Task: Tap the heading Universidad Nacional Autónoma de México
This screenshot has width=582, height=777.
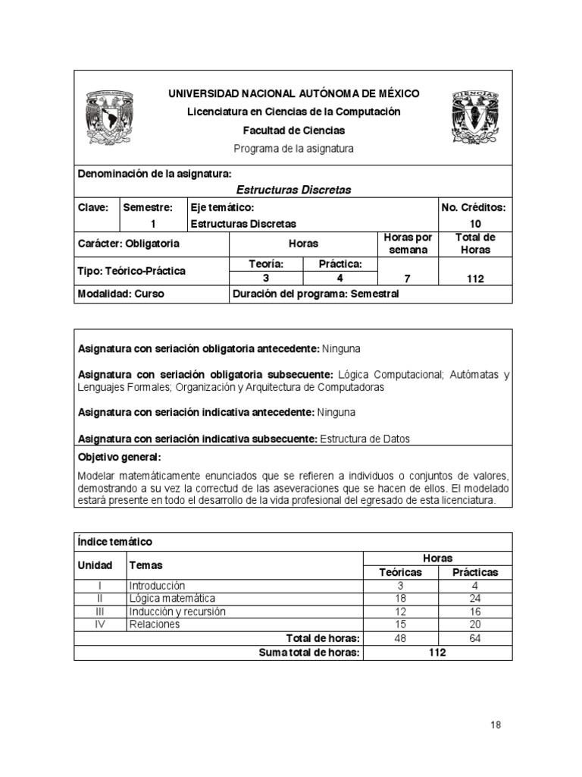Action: tap(293, 93)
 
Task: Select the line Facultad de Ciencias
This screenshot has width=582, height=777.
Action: tap(293, 131)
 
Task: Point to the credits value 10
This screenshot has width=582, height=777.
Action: tap(475, 224)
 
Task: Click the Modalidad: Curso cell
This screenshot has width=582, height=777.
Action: tap(121, 294)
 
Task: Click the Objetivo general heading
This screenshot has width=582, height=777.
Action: tap(120, 458)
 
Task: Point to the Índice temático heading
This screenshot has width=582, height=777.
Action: tap(115, 542)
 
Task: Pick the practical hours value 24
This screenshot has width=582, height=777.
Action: tap(475, 598)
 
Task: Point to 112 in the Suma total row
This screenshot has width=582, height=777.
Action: tap(437, 653)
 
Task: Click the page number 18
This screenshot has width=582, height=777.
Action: tap(496, 725)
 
